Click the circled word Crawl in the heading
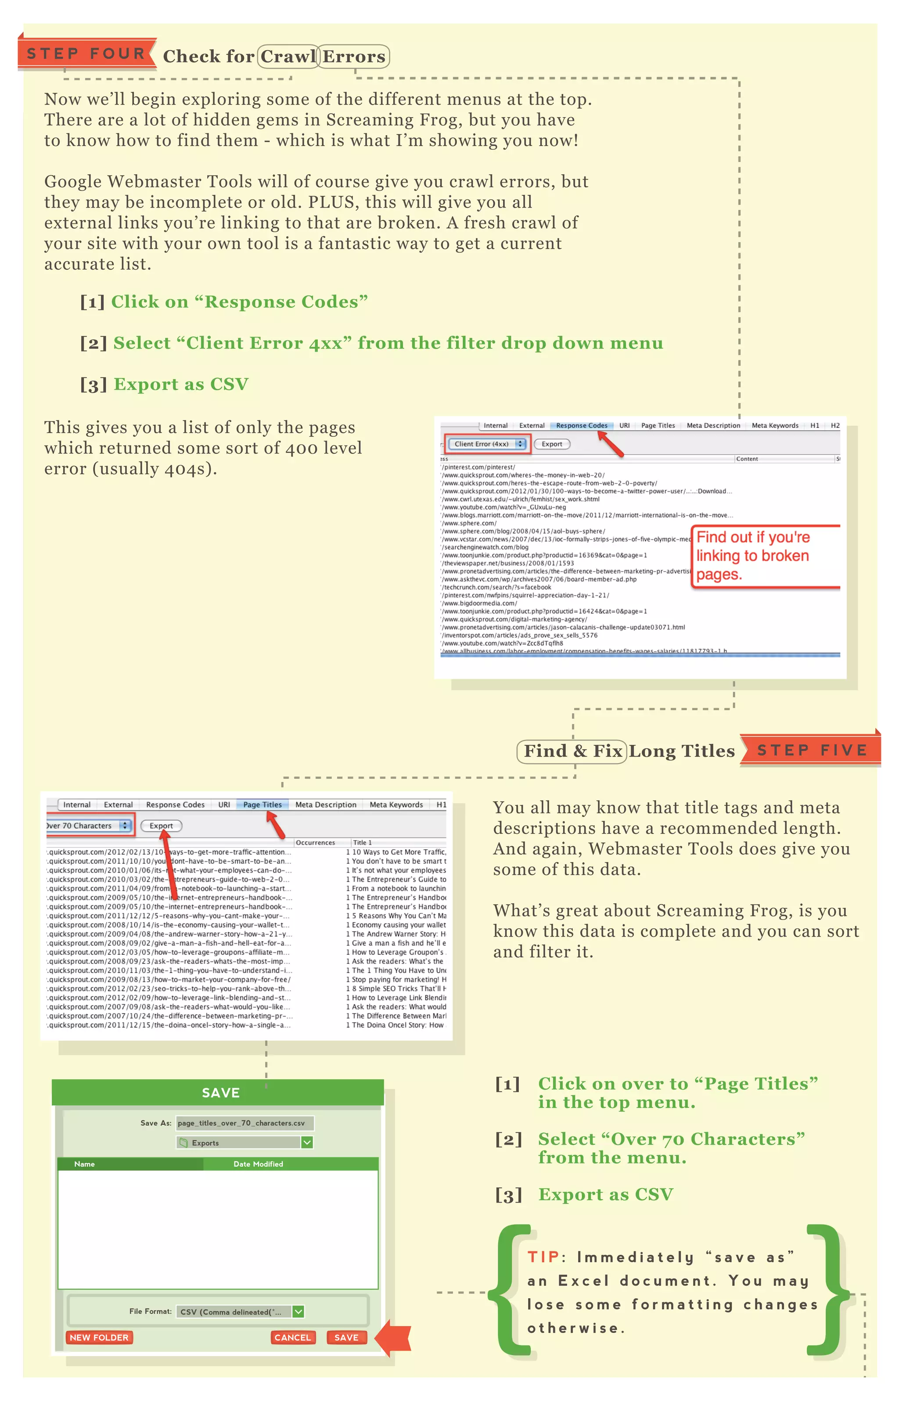click(x=288, y=57)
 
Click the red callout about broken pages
click(x=765, y=556)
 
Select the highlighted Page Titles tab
click(x=262, y=805)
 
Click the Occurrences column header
click(x=315, y=843)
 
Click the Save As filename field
click(x=245, y=1123)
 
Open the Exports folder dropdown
click(x=245, y=1142)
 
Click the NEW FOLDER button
click(x=99, y=1337)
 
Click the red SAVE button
click(x=346, y=1337)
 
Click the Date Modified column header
click(x=258, y=1164)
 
